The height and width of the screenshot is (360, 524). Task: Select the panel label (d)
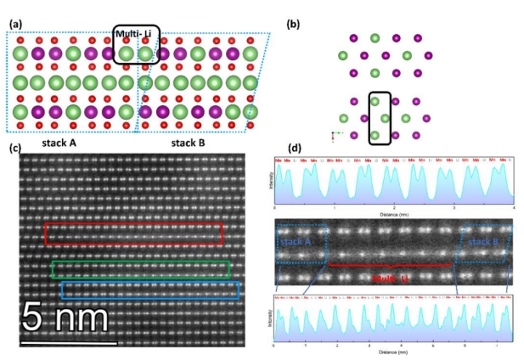click(x=294, y=149)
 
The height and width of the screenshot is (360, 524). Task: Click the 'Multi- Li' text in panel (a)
click(x=138, y=34)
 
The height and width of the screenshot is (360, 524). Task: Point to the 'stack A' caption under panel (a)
click(x=57, y=142)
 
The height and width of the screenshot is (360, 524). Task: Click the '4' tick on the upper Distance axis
click(x=514, y=207)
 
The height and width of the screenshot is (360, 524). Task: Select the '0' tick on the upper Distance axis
click(x=275, y=207)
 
